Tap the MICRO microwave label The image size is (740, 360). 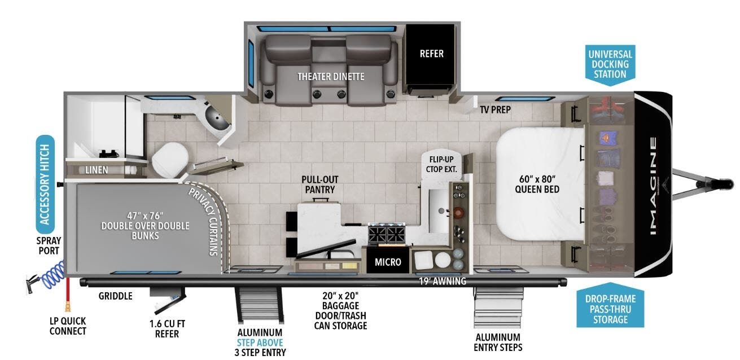tap(388, 262)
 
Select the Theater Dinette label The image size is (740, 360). tap(331, 76)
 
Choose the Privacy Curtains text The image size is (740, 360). tap(204, 221)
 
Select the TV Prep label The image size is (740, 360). tap(495, 109)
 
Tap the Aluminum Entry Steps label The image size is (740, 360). tap(498, 342)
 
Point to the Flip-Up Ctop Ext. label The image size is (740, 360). tap(443, 164)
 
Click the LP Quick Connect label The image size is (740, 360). tap(68, 326)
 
